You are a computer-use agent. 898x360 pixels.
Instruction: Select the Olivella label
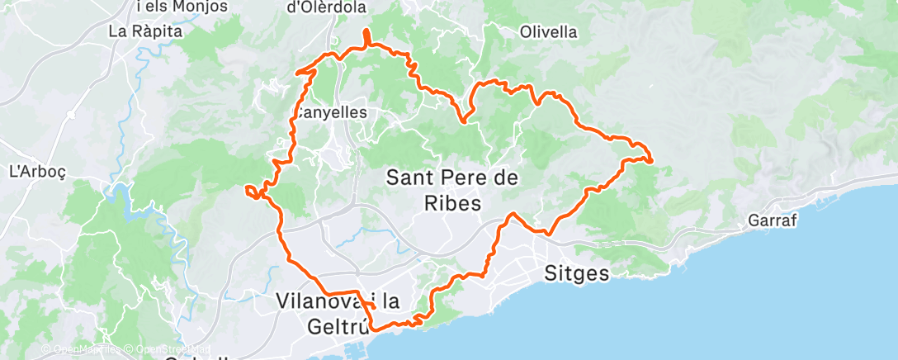pos(549,32)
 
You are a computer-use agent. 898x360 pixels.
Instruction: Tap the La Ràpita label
pos(144,32)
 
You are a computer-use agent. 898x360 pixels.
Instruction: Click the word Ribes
pos(454,202)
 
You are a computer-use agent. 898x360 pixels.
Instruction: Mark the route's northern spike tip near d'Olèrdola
pos(366,31)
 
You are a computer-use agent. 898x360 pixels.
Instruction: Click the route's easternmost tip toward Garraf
pos(652,159)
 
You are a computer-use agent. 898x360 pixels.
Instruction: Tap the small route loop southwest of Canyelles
pos(251,192)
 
